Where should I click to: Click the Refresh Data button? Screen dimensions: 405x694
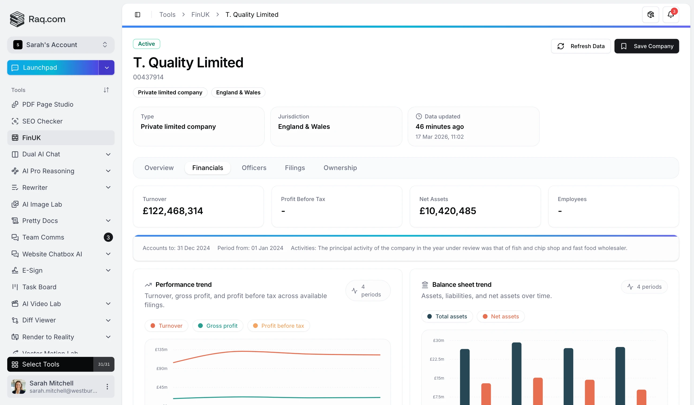click(x=580, y=46)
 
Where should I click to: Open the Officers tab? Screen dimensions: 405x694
click(x=254, y=168)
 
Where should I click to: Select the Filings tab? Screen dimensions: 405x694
click(x=295, y=168)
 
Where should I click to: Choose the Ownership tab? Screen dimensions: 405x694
click(x=340, y=168)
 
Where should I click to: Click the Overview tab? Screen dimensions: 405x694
click(x=159, y=168)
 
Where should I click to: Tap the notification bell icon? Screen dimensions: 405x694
click(x=670, y=15)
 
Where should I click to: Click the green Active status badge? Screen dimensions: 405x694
click(x=146, y=44)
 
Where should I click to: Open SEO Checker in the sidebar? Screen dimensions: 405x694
click(x=42, y=121)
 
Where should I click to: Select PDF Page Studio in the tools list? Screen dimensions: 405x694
click(x=48, y=105)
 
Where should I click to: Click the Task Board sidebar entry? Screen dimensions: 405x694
click(x=39, y=287)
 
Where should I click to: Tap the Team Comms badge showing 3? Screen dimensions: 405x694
click(x=108, y=237)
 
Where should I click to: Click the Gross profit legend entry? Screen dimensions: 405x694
click(x=218, y=326)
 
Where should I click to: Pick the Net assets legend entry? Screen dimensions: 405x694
click(x=501, y=317)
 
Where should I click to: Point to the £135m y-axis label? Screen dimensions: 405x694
click(x=161, y=350)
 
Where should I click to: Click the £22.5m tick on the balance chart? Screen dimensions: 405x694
click(x=437, y=359)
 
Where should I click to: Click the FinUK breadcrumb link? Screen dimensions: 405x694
click(x=200, y=15)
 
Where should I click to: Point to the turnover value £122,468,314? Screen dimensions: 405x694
click(x=173, y=211)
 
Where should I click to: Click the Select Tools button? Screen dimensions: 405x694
click(x=50, y=364)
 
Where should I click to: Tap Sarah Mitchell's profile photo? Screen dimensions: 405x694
click(x=18, y=387)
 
